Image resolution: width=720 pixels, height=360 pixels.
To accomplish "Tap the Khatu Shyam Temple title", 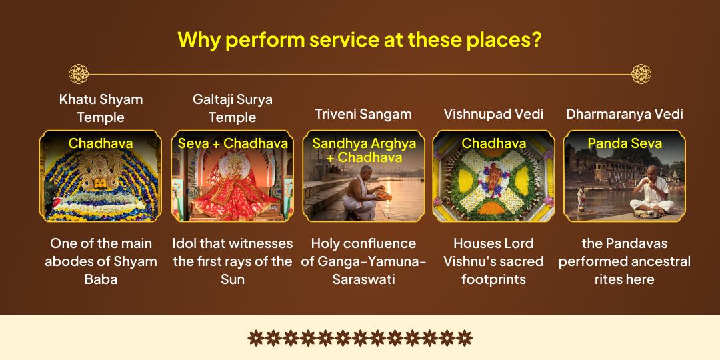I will coord(101,108).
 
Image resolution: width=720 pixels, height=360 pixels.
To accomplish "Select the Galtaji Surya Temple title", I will coord(232,108).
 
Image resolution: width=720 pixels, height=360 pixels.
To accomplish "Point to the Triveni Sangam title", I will coord(363,114).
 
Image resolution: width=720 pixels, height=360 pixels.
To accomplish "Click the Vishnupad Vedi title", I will coord(493,114).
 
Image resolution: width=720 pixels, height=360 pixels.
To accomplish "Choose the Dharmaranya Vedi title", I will coord(624,114).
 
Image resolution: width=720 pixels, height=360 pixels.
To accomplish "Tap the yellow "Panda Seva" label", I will coord(625,143).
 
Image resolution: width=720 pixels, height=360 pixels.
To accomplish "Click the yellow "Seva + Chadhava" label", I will coord(233,143).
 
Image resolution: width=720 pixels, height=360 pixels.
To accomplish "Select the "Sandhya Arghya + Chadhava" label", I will coord(364,150).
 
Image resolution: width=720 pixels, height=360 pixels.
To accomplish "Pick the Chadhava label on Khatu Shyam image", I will coord(101,143).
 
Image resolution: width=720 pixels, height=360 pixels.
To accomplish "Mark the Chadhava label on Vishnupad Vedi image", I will coord(494,143).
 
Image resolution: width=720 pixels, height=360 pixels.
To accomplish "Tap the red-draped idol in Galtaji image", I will coord(231,187).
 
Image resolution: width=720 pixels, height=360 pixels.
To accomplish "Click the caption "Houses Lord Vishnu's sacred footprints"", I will coord(493,261).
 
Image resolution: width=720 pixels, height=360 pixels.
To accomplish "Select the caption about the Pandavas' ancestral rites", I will coord(624,261).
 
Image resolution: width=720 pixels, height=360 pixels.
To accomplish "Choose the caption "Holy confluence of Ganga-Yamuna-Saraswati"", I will coord(363,261).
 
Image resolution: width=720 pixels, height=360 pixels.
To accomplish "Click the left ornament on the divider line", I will coord(79,74).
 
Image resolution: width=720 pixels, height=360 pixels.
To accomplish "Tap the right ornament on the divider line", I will coord(641,74).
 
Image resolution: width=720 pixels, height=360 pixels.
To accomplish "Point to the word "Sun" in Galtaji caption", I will coord(233,279).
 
